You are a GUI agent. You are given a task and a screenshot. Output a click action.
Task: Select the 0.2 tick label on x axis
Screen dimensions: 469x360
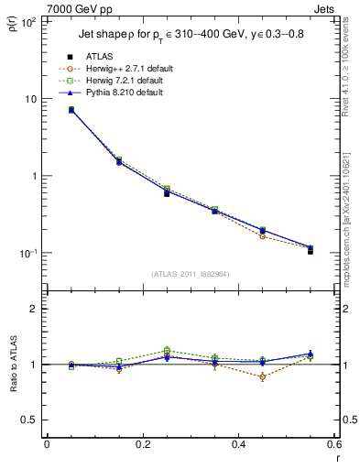(142, 444)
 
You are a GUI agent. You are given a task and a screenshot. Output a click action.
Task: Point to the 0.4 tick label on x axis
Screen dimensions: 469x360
(238, 444)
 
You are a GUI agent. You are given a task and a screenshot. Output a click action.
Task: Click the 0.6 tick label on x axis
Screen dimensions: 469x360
(333, 444)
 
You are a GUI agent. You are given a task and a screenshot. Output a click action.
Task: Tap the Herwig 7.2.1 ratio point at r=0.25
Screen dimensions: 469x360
(166, 350)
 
